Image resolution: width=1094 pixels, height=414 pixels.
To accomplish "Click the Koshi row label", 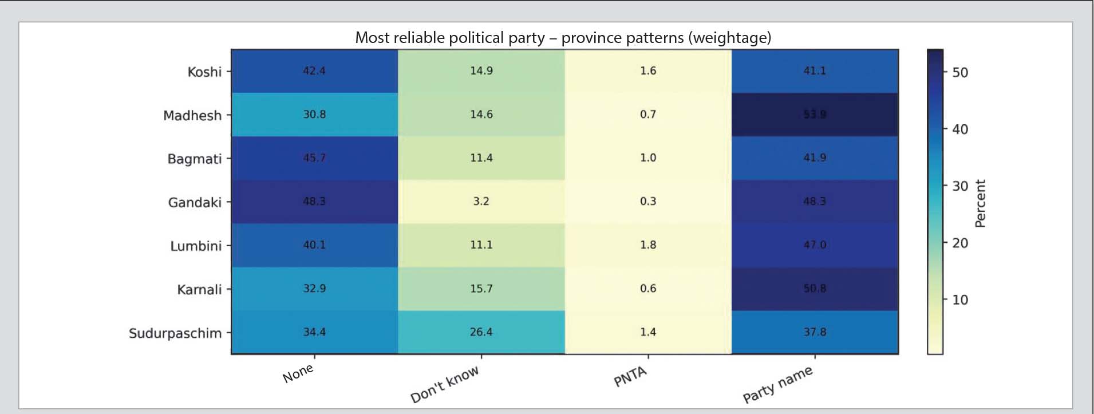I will pos(204,72).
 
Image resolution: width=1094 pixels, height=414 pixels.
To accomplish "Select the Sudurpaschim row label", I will pos(175,333).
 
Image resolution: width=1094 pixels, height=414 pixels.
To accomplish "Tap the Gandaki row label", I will pos(195,203).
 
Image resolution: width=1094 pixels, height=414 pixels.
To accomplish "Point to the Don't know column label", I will pos(445,384).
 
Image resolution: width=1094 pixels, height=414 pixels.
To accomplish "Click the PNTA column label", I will pos(630,377).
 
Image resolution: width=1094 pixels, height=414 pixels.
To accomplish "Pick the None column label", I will pos(298,374).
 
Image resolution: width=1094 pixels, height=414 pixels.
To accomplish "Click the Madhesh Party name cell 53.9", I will pos(815,115).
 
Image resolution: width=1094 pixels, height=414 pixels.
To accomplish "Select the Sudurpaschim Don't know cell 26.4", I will pos(481,332).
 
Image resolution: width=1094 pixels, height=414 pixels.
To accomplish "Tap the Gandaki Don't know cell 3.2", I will pos(481,202).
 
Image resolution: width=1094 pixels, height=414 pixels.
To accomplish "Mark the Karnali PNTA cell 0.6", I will pos(648,289).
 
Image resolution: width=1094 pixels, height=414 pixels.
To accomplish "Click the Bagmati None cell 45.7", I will pos(314,158).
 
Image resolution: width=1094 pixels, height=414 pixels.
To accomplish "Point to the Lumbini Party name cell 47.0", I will pos(815,245).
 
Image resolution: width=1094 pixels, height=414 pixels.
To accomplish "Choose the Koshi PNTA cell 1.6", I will pos(648,71).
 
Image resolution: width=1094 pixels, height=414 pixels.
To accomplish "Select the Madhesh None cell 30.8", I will pos(314,115).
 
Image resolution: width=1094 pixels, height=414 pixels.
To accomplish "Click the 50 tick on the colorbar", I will pos(960,73).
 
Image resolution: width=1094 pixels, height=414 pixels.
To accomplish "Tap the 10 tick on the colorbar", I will pos(960,300).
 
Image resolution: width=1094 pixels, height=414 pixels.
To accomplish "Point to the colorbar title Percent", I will pos(980,204).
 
